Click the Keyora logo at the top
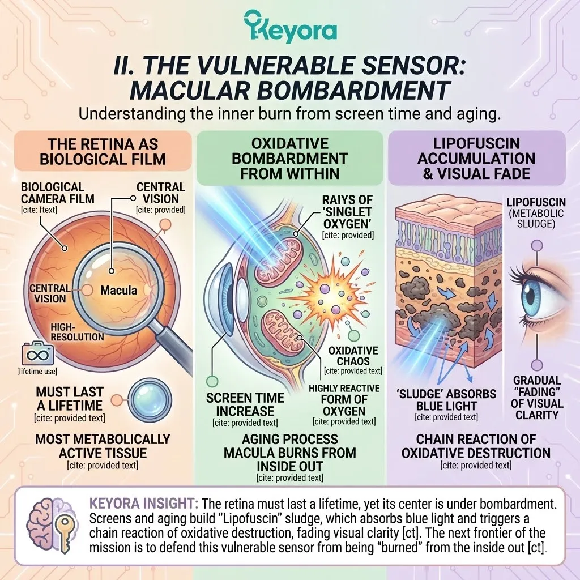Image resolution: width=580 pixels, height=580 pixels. (290, 28)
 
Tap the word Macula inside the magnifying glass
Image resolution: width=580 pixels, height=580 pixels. (118, 290)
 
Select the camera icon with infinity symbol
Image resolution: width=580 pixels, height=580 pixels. (33, 354)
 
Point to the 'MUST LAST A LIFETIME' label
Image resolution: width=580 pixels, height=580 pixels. (69, 398)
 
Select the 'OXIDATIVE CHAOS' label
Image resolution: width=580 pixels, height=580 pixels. (353, 356)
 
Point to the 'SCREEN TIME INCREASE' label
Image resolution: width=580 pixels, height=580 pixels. (245, 404)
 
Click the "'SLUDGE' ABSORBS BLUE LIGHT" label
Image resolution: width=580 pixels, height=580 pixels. (447, 399)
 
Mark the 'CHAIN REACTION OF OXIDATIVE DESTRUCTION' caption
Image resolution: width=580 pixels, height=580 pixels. (476, 446)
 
